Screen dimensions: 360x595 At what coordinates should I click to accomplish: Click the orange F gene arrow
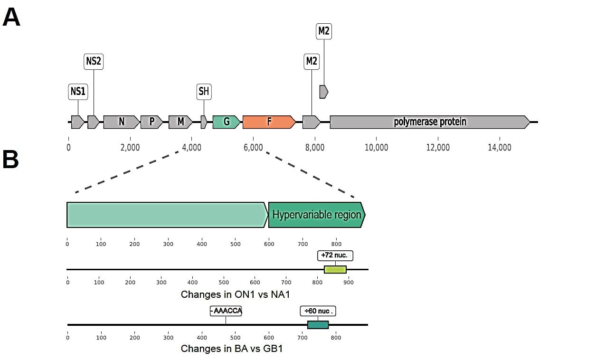[269, 122]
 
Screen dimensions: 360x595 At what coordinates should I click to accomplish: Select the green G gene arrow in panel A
[227, 122]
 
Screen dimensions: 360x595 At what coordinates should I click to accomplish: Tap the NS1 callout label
[78, 92]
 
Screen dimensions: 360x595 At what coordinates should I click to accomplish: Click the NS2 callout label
[94, 61]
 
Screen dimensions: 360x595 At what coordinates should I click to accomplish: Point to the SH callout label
[204, 92]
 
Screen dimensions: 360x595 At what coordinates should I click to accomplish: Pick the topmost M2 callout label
[324, 31]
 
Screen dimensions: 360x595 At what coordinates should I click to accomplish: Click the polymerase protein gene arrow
[430, 122]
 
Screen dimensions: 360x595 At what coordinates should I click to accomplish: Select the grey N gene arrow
[122, 122]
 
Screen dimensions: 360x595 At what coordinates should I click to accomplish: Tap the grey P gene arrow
[151, 122]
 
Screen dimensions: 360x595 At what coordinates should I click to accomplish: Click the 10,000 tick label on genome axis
[376, 148]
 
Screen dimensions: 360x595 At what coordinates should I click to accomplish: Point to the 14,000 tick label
[499, 148]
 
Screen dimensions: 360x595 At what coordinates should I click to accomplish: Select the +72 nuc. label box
[335, 256]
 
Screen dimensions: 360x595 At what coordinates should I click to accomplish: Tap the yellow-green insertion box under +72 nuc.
[335, 269]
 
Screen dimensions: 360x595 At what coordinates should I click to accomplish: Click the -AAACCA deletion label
[226, 311]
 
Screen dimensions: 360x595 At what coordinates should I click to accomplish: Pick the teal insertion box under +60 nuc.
[318, 325]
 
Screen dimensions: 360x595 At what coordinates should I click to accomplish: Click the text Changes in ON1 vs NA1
[235, 294]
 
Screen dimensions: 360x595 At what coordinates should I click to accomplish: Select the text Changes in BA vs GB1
[232, 349]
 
